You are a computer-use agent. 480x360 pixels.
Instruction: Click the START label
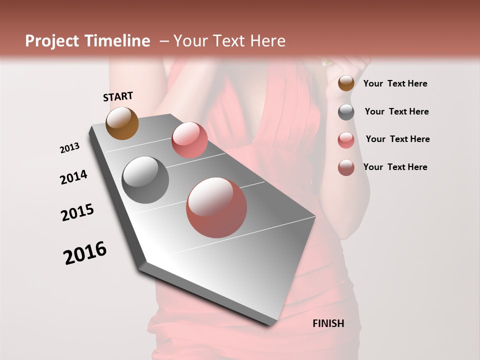pos(118,96)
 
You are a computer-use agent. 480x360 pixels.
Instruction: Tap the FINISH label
pos(328,323)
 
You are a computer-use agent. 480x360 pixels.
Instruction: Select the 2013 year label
pos(70,148)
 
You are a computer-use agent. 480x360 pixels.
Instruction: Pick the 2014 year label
pos(73,177)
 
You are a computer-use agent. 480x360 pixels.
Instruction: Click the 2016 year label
pos(85,253)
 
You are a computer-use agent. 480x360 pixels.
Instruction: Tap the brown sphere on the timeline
pos(122,123)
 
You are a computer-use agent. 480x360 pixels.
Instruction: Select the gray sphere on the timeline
pos(145,180)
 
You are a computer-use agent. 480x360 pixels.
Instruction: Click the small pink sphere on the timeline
pos(189,140)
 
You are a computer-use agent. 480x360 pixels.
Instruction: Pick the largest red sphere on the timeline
pos(216,207)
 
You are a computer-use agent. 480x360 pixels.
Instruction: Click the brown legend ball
pos(346,83)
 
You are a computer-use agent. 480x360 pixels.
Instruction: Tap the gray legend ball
pos(346,112)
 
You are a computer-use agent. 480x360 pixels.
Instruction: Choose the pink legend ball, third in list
pos(346,140)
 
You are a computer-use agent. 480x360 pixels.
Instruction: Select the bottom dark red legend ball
pos(346,167)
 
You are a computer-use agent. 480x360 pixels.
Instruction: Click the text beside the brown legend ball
pos(395,83)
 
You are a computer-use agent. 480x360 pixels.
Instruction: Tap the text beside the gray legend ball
pos(396,111)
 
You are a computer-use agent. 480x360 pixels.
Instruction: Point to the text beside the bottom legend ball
pos(395,167)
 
